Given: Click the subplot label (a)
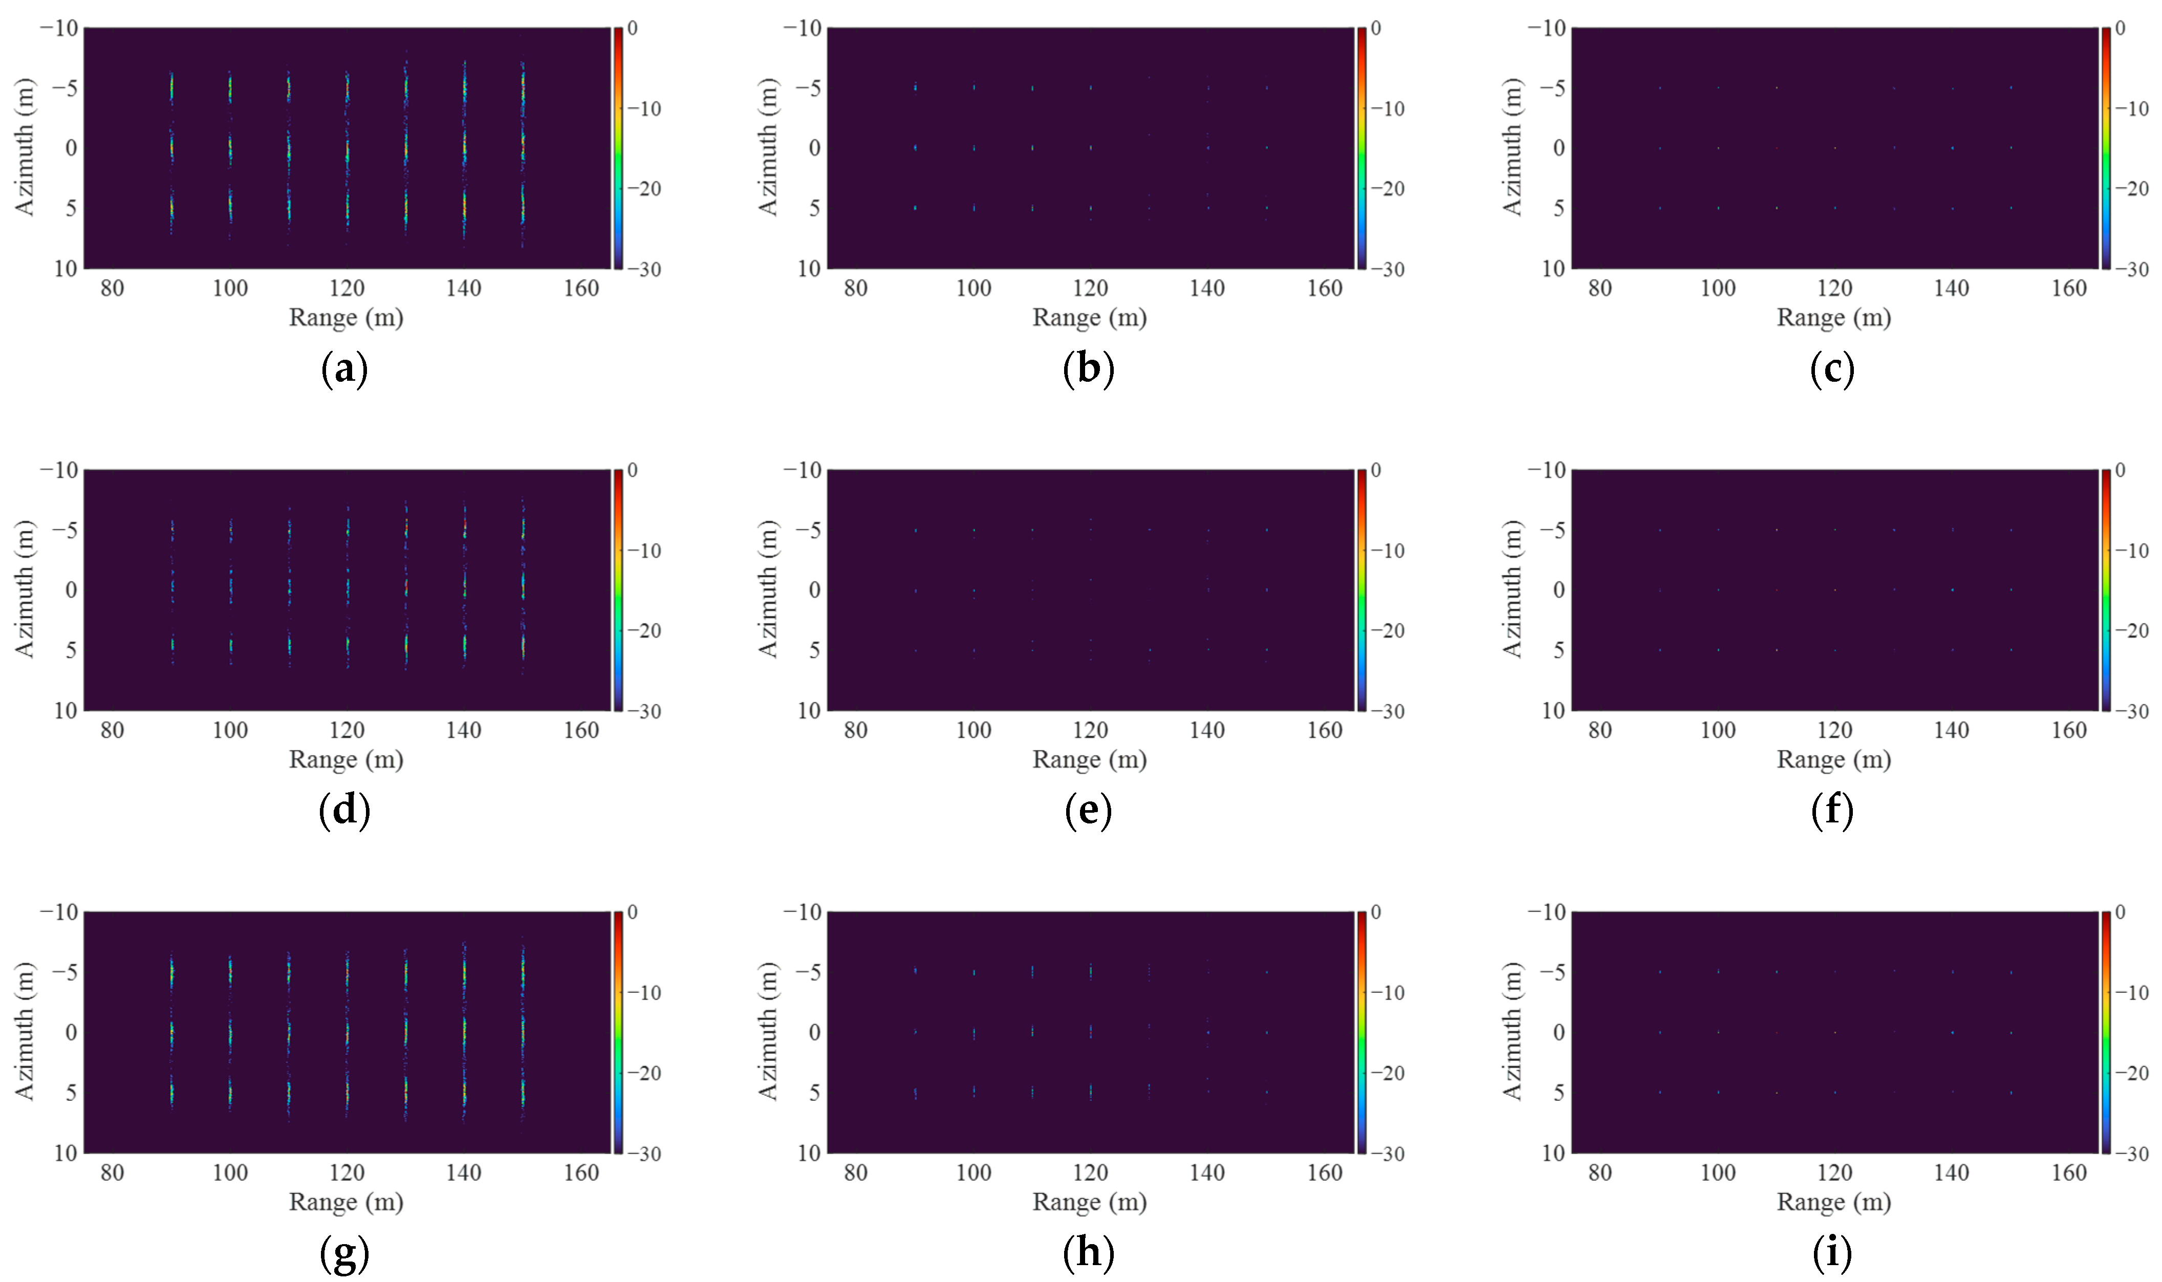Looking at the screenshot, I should (x=344, y=370).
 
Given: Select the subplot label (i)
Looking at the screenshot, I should (x=1832, y=1253).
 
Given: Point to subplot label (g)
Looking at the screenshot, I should (x=344, y=1253).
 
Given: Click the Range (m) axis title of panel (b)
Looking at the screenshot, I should (x=1089, y=318).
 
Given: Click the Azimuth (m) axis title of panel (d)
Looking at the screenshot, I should (x=24, y=589).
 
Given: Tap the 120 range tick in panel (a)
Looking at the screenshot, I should (x=347, y=289).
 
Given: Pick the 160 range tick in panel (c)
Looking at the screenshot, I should (x=2069, y=289).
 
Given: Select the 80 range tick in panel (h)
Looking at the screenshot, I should (x=855, y=1173).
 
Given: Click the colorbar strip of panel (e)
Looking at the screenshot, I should (x=1361, y=590).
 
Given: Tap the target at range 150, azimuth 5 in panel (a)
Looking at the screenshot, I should (x=523, y=207).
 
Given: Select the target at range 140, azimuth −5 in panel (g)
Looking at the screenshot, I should (x=464, y=973).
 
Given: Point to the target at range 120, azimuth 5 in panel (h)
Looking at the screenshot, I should (x=1090, y=1092).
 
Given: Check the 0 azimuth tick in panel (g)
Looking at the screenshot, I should (x=71, y=1032).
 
